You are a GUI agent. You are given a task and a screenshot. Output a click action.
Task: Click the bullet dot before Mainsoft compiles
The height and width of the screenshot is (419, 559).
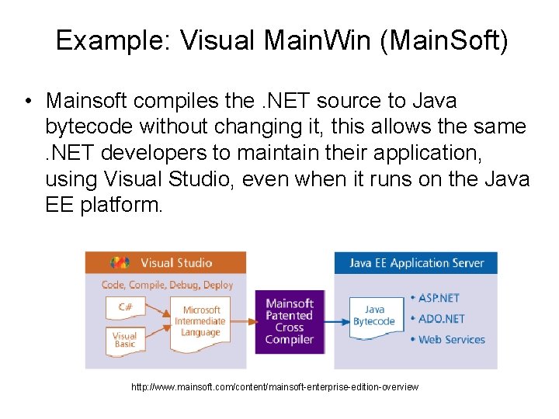tap(27, 102)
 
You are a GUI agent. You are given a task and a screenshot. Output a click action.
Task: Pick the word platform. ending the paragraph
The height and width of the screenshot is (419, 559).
tap(122, 206)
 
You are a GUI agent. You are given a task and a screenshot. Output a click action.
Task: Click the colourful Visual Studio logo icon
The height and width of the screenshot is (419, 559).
tap(120, 263)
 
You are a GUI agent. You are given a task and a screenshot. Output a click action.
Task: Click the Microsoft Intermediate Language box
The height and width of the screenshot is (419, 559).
tap(200, 320)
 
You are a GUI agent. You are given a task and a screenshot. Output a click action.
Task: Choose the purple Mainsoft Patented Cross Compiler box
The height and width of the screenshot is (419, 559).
tap(289, 321)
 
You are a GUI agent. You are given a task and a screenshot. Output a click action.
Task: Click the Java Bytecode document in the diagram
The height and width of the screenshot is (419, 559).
tap(374, 316)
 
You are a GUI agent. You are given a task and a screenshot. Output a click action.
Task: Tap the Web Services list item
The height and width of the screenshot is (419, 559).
tap(451, 339)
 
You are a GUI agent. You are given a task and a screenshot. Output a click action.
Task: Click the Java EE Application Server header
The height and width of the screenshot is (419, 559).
tap(416, 263)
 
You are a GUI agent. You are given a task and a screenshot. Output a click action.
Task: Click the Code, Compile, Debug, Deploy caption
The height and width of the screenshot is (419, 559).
tap(167, 285)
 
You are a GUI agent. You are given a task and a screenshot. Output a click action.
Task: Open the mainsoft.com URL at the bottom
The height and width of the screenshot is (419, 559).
tap(275, 386)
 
